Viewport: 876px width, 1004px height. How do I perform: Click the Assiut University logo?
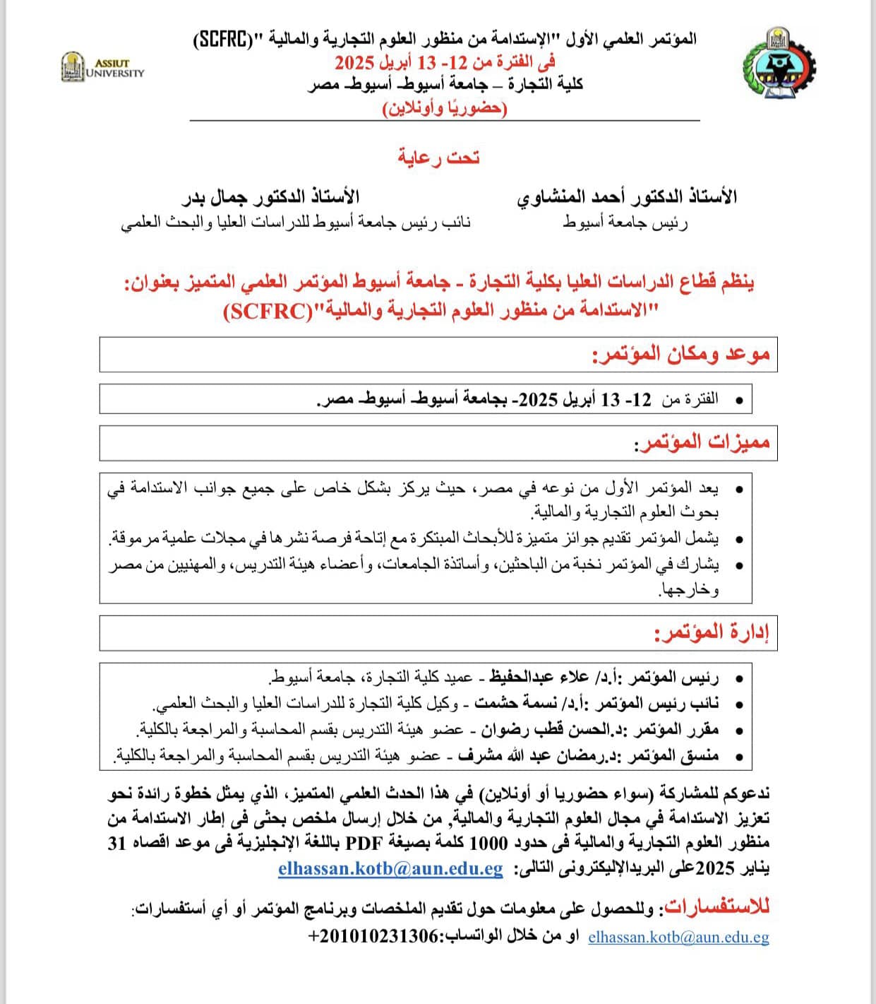(102, 68)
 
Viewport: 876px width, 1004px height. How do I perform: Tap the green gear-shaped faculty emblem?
(779, 65)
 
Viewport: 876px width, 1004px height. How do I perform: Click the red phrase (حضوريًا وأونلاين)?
(445, 108)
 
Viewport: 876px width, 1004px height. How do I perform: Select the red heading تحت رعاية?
(438, 157)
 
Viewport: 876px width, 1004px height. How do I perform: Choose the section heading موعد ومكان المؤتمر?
(681, 354)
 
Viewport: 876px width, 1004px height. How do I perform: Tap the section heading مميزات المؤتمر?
(702, 443)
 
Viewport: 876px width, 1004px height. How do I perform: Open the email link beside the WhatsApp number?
(678, 937)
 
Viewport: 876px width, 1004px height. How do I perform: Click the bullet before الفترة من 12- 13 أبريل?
(739, 401)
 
